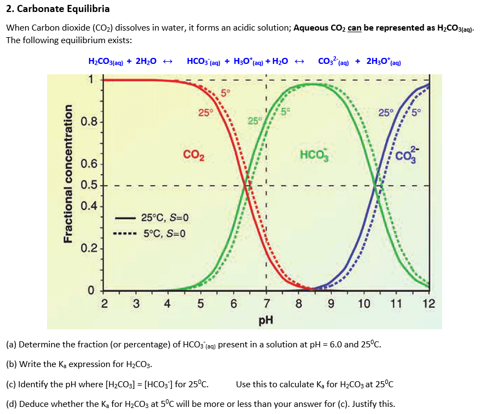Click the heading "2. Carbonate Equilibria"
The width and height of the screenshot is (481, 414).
[57, 9]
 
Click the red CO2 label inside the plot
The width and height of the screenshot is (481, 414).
[194, 155]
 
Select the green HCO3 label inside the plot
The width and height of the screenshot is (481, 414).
[314, 155]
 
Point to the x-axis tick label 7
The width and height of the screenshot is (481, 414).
[266, 304]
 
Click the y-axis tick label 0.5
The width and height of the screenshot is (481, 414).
[89, 185]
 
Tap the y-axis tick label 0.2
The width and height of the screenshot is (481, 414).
[89, 249]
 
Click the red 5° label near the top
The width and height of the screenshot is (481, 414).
[225, 92]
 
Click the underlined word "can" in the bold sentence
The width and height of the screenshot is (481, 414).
[354, 27]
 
